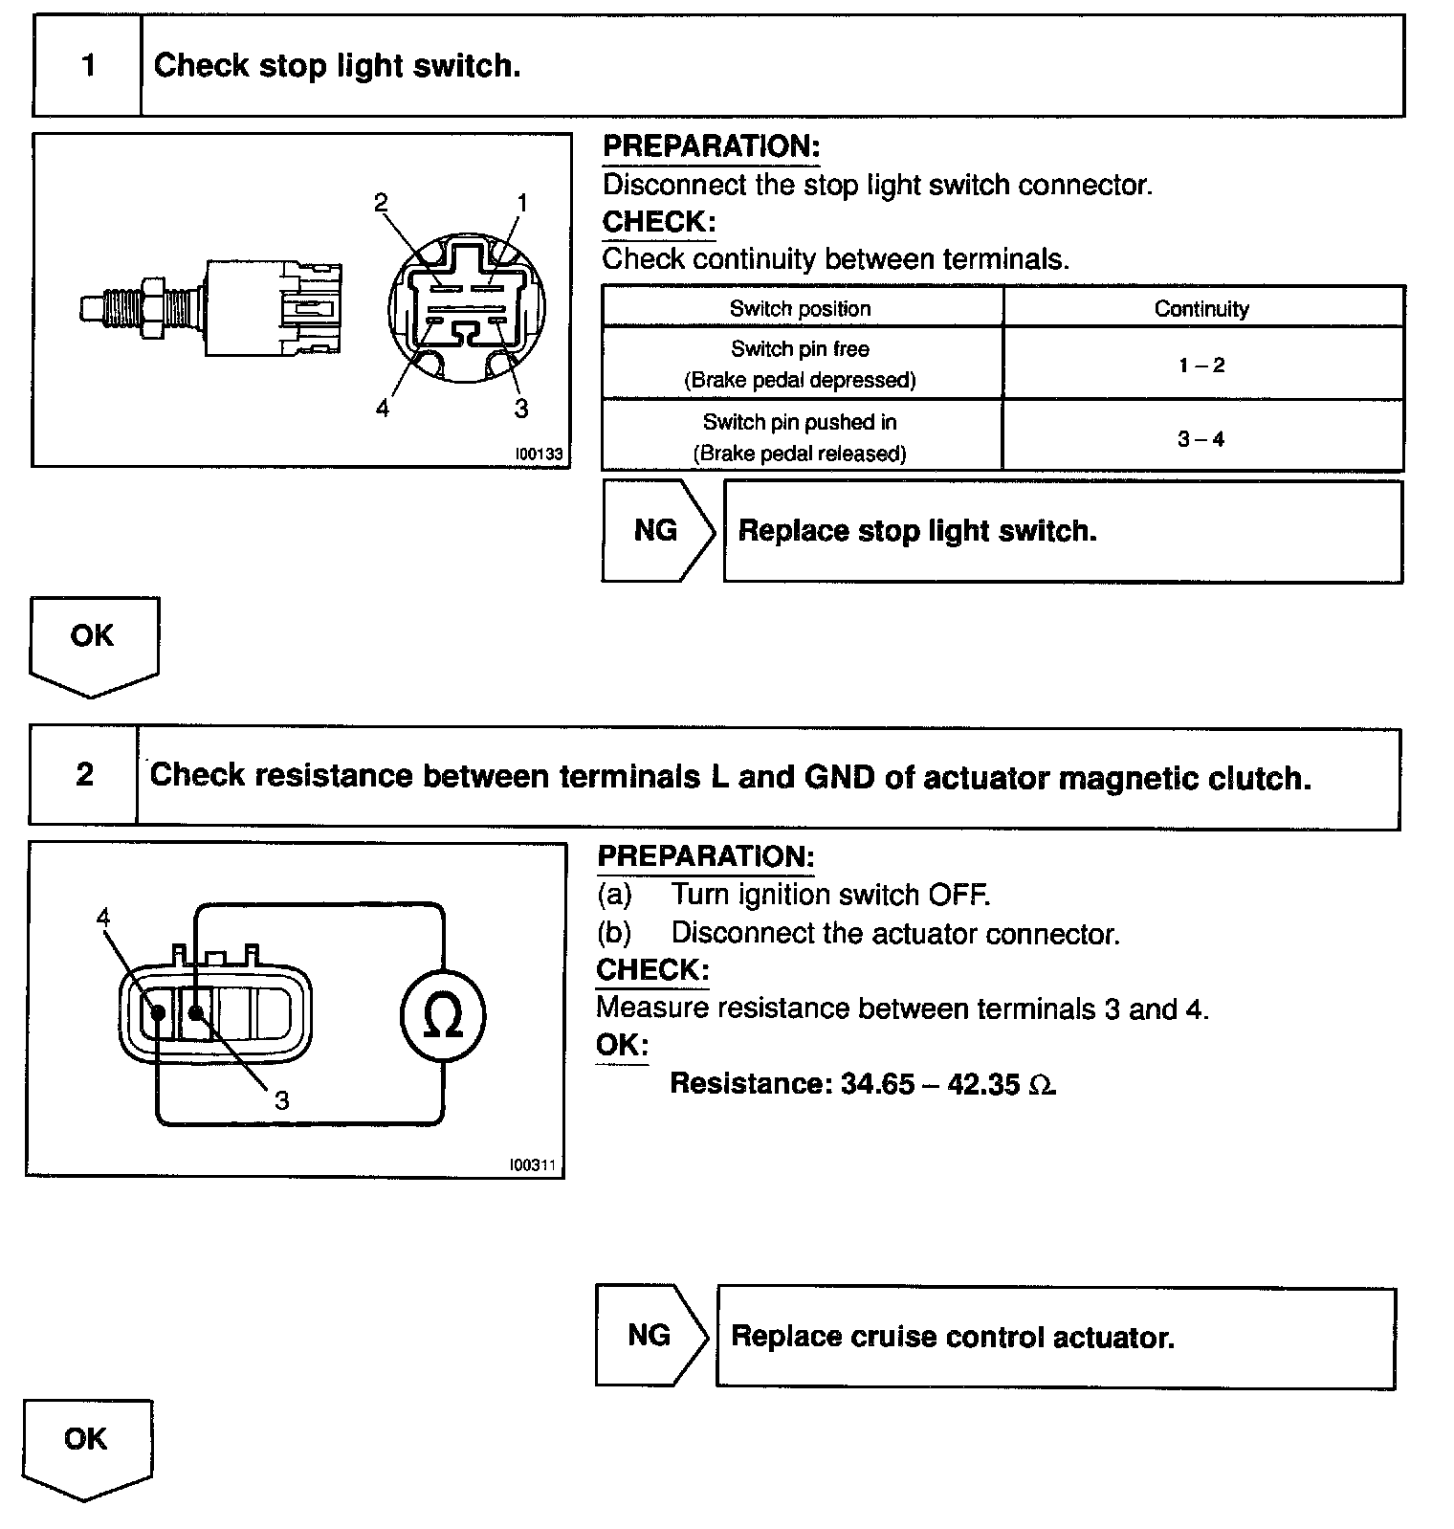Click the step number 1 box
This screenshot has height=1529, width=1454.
pos(88,66)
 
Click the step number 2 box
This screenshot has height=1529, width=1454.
pos(84,775)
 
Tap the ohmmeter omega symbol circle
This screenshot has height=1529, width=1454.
pos(442,1015)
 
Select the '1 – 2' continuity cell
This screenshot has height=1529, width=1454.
pos(1201,365)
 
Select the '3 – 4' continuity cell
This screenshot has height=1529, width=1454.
pos(1201,439)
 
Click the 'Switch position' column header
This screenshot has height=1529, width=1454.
pos(801,309)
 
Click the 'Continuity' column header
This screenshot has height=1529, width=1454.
pos(1201,309)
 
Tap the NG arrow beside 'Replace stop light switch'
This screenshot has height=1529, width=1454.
pos(656,531)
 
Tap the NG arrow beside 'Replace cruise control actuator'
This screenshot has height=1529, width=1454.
pos(650,1335)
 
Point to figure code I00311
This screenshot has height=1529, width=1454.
pos(533,1165)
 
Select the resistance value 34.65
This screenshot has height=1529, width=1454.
pos(877,1084)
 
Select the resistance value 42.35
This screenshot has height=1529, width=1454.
pos(982,1084)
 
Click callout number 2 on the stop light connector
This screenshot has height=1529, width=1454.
pos(381,203)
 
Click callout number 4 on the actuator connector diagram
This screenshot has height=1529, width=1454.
pos(103,919)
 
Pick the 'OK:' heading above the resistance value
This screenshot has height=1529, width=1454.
pos(622,1045)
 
